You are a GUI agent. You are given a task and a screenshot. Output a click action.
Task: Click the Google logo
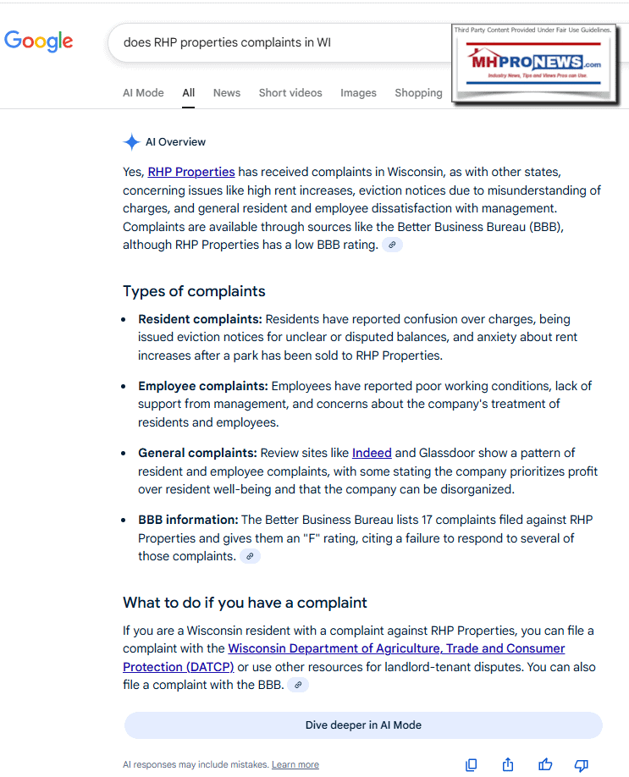click(x=38, y=41)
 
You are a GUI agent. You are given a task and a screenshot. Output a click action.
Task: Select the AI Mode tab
click(x=143, y=93)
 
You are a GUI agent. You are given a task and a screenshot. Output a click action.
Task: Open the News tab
click(x=226, y=93)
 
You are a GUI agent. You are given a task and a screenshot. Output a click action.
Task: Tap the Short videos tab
click(x=290, y=93)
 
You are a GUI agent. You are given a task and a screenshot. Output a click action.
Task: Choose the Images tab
click(x=358, y=93)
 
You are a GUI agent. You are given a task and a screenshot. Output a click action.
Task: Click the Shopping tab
click(x=418, y=93)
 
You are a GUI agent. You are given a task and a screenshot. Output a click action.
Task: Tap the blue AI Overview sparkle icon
click(x=131, y=142)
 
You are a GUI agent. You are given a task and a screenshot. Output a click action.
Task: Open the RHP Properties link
click(x=191, y=172)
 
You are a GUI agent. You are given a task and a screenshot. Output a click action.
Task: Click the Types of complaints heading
click(x=194, y=291)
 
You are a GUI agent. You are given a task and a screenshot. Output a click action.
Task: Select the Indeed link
click(x=372, y=453)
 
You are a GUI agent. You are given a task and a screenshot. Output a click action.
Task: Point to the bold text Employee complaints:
click(x=203, y=386)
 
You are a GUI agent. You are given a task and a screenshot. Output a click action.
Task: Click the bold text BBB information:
click(x=188, y=520)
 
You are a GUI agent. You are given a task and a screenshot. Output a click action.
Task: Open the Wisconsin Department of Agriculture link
click(x=396, y=648)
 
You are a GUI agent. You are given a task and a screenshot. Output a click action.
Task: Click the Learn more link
click(x=295, y=765)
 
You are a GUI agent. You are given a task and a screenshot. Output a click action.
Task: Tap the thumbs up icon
click(x=545, y=765)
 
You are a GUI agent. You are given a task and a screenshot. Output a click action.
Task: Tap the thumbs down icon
click(x=582, y=765)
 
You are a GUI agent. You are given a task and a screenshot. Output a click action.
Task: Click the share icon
click(x=508, y=765)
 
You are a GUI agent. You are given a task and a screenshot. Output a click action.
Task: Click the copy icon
click(x=472, y=765)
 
